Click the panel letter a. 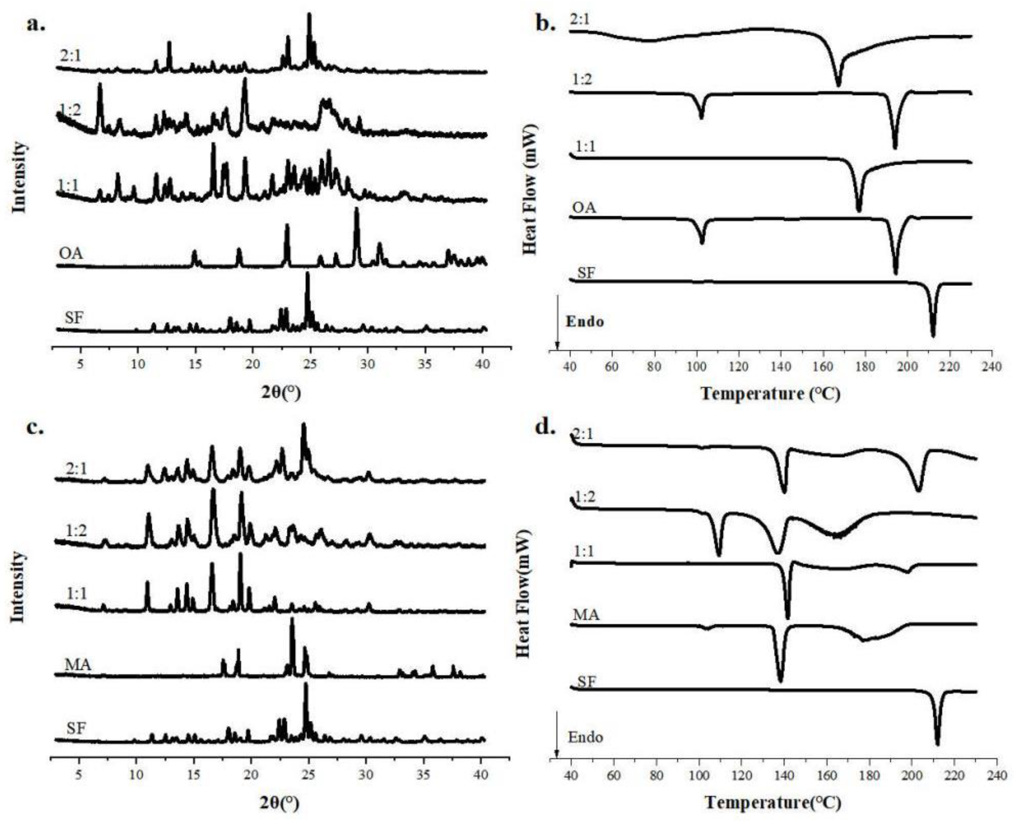click(36, 24)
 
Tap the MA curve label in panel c click(78, 665)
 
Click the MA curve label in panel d click(586, 615)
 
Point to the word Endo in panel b click(585, 322)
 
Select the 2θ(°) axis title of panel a click(281, 392)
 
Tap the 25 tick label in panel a click(310, 365)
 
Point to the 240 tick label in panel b click(991, 367)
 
